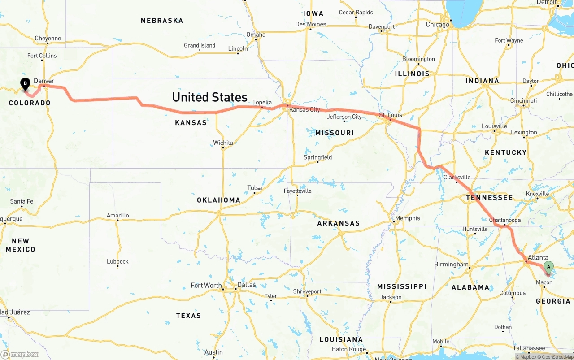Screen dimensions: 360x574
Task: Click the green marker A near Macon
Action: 548,267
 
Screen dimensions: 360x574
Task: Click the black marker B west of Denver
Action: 26,83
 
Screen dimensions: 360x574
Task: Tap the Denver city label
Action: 44,81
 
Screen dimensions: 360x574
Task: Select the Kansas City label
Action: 304,109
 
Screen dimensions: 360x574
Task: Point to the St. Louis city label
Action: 391,115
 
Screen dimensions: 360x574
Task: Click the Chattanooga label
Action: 504,220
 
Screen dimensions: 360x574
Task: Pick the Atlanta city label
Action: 538,257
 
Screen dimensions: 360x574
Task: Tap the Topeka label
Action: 262,102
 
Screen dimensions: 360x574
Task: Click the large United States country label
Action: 209,97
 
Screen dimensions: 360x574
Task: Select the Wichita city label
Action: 223,143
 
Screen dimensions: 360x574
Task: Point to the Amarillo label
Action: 117,215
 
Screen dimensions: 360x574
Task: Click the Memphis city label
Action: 408,218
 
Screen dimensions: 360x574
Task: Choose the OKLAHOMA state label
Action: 218,200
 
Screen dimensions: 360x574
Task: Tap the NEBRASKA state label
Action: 162,21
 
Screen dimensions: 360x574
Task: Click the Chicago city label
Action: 437,24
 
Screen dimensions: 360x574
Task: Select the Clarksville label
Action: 457,177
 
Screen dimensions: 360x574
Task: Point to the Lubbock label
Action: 117,261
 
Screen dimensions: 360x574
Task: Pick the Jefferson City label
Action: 344,117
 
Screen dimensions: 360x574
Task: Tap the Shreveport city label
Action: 307,291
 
